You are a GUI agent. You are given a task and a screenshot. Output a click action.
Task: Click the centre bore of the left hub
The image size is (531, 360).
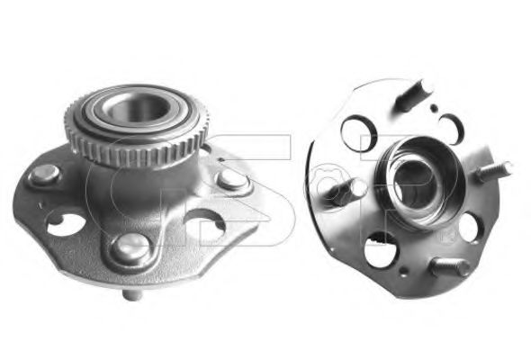tap(136, 108)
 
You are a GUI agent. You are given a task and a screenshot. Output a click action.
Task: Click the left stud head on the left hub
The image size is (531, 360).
tap(44, 175)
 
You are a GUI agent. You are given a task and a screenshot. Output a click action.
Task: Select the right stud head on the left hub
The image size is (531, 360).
tap(233, 179)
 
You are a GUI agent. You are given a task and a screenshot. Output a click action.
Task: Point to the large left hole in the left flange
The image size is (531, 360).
tap(66, 223)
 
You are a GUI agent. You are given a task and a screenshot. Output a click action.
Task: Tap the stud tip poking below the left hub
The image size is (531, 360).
tap(132, 295)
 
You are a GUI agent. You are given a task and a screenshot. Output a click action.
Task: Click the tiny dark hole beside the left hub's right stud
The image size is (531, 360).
tap(220, 159)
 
